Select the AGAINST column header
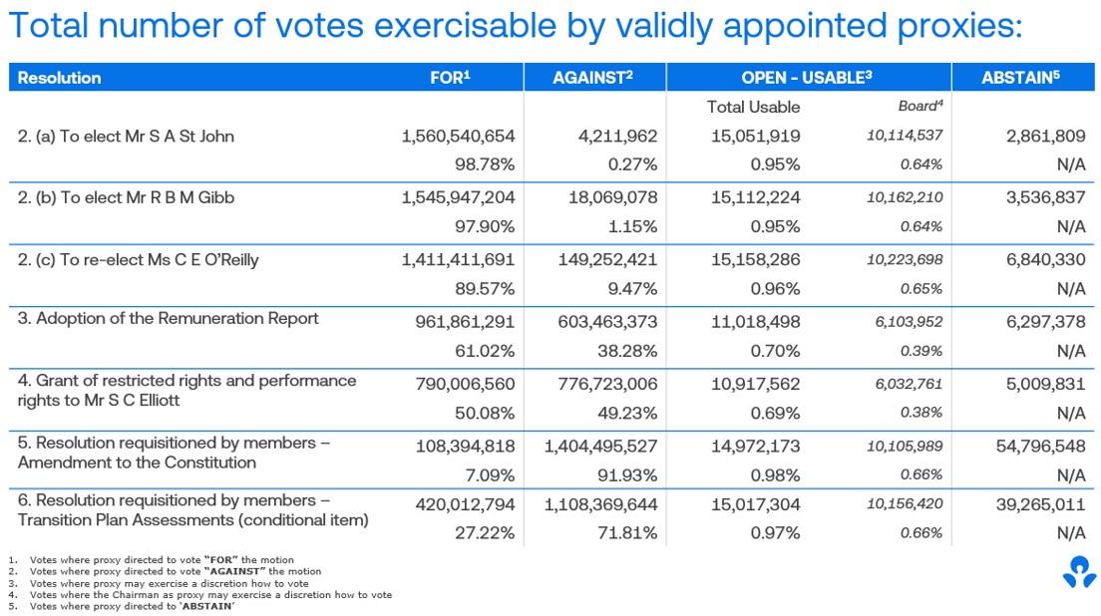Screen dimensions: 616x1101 [x=592, y=78]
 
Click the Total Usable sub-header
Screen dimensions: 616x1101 [x=753, y=107]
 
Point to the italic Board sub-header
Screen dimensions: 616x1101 [x=918, y=106]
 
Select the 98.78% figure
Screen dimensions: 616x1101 [x=486, y=164]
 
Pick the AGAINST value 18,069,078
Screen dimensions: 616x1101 [x=604, y=197]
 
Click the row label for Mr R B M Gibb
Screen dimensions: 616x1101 [x=127, y=197]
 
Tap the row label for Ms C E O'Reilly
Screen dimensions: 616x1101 [x=139, y=260]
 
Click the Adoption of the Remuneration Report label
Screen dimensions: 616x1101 [x=169, y=319]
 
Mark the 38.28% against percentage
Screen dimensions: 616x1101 [x=628, y=350]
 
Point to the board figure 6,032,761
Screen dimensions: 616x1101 [x=906, y=382]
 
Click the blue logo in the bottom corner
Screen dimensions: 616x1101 [x=1078, y=572]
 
